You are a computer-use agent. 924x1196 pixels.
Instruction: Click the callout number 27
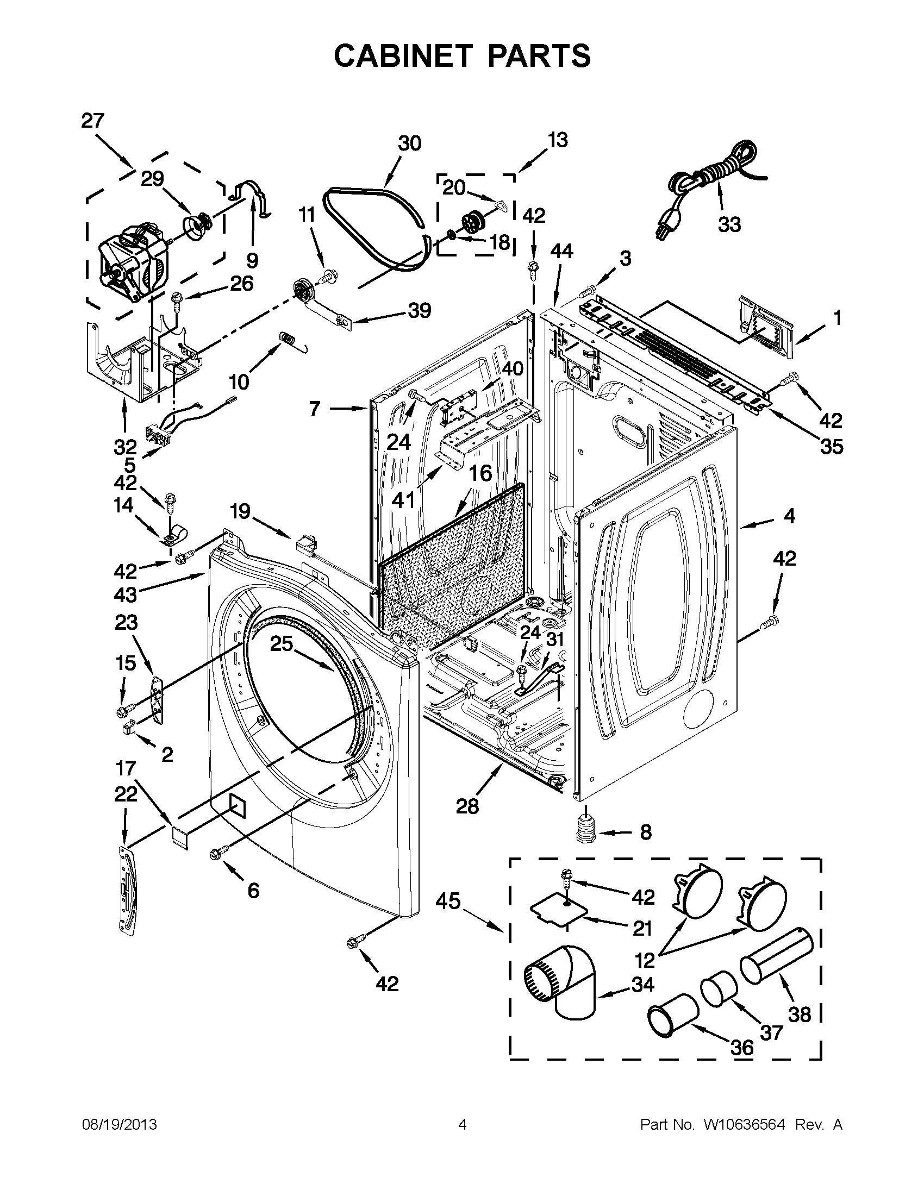click(92, 121)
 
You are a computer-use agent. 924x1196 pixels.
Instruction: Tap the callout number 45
click(448, 900)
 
